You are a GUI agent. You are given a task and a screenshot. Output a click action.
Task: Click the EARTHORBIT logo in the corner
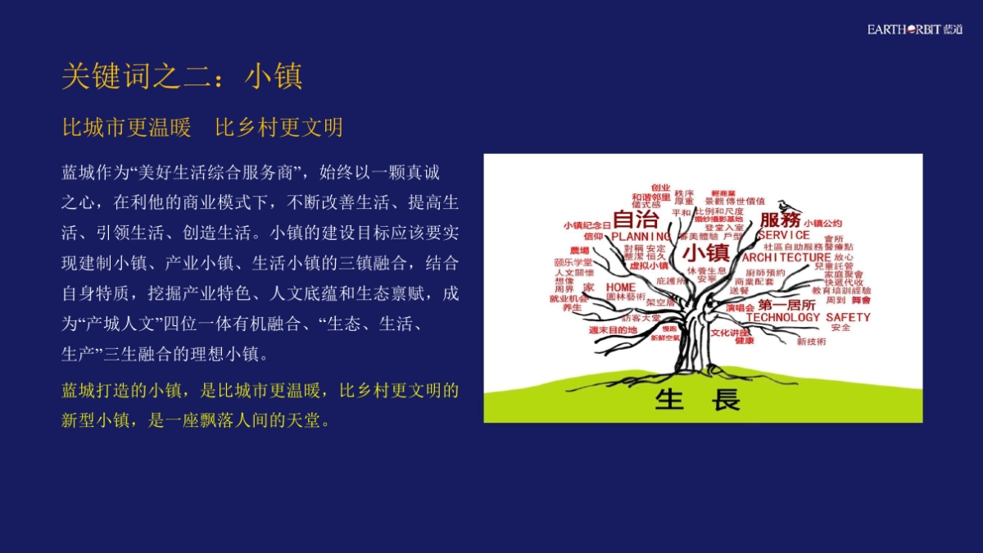click(x=915, y=30)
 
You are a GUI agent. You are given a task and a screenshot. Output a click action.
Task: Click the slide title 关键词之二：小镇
click(x=182, y=76)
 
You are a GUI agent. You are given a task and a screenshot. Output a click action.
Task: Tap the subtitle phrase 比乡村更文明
click(x=279, y=128)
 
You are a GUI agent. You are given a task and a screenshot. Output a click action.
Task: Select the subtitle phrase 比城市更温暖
click(x=126, y=128)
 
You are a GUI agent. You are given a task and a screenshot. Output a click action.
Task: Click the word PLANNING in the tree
click(x=641, y=237)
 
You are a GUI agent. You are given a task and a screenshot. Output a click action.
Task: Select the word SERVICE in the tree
click(x=783, y=234)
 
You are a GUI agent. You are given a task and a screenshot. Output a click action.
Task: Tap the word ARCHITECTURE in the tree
click(x=786, y=257)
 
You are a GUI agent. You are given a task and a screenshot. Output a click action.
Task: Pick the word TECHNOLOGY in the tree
click(x=782, y=317)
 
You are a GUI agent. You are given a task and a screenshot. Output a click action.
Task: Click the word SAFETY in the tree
click(x=848, y=317)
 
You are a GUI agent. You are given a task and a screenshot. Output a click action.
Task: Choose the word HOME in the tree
click(x=620, y=288)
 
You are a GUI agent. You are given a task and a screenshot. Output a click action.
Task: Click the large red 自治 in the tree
click(x=636, y=220)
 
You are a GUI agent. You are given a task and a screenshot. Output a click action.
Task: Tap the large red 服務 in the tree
click(x=780, y=220)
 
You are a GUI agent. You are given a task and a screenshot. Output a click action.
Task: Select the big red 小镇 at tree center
click(x=705, y=252)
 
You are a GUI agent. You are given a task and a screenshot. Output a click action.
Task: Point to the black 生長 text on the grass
click(x=698, y=400)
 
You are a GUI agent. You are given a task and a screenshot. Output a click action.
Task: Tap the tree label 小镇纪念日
click(x=587, y=224)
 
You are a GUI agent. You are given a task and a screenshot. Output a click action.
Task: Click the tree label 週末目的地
click(x=612, y=329)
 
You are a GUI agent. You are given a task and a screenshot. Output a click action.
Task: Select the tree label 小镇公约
click(x=822, y=223)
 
